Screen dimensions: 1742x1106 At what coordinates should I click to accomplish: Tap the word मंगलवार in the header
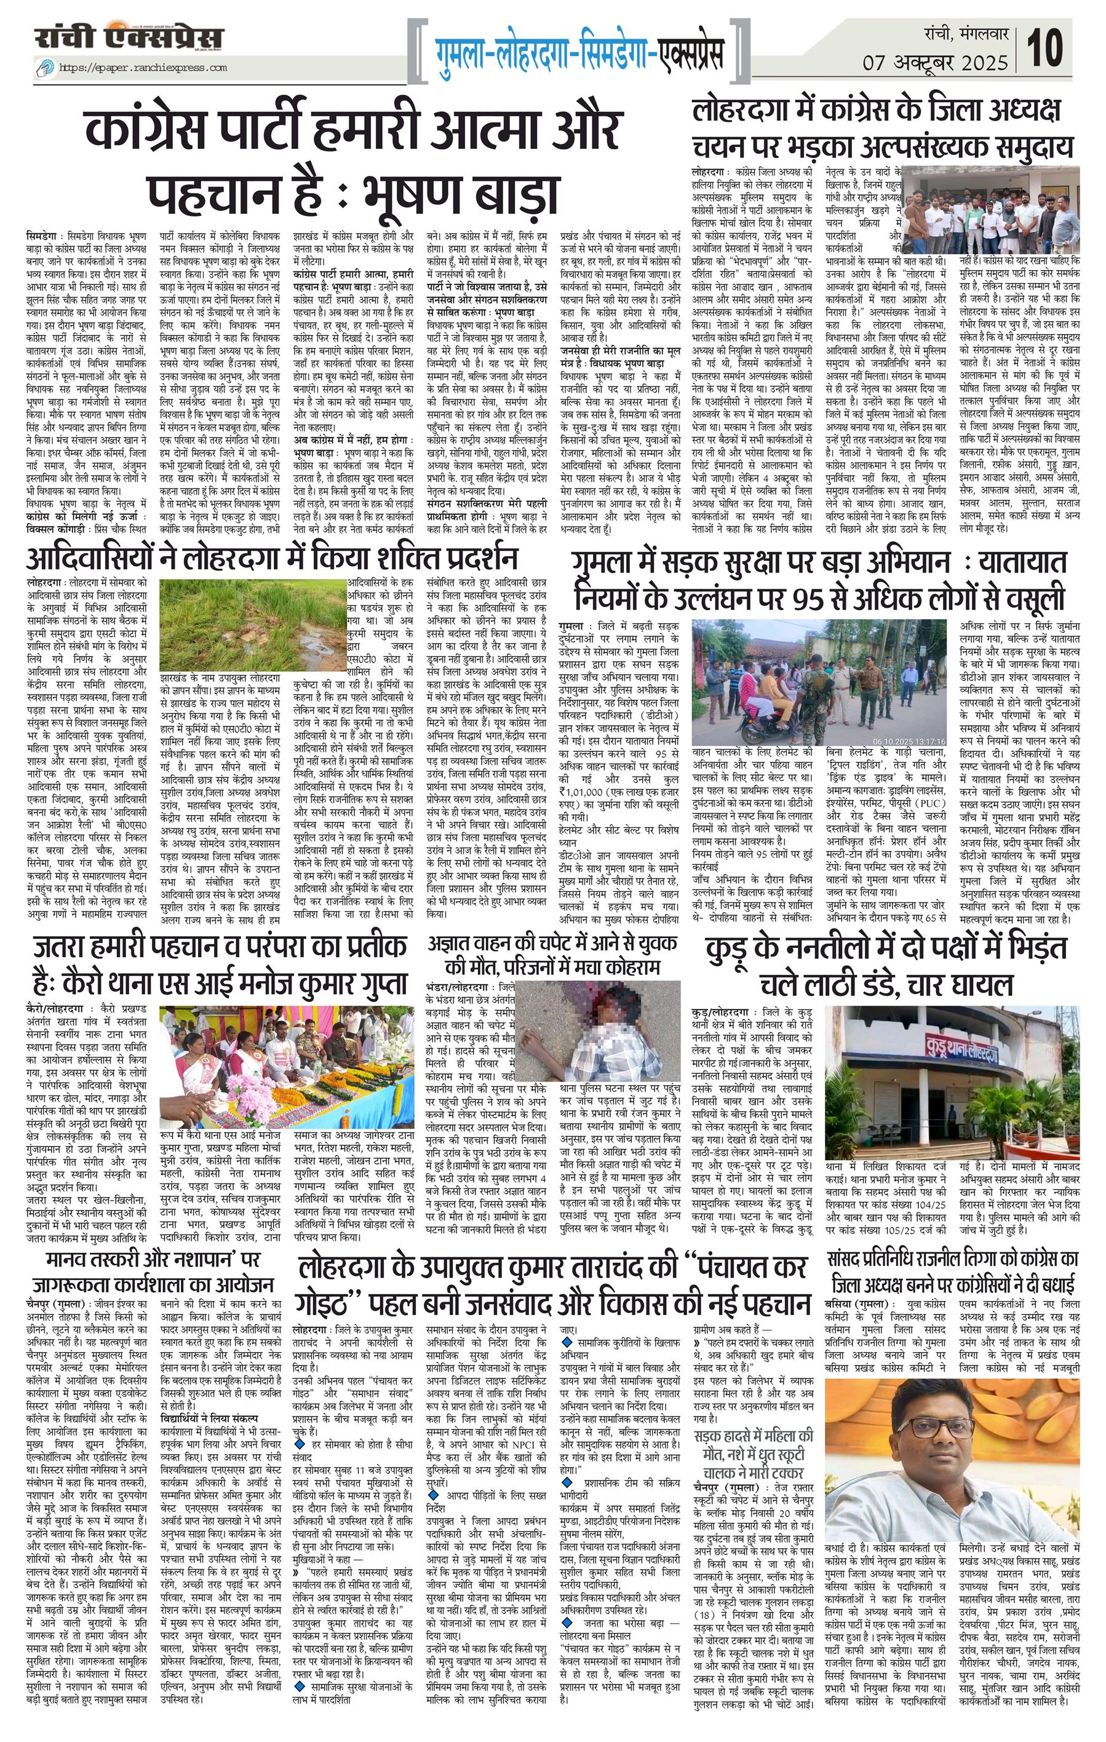point(985,33)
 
